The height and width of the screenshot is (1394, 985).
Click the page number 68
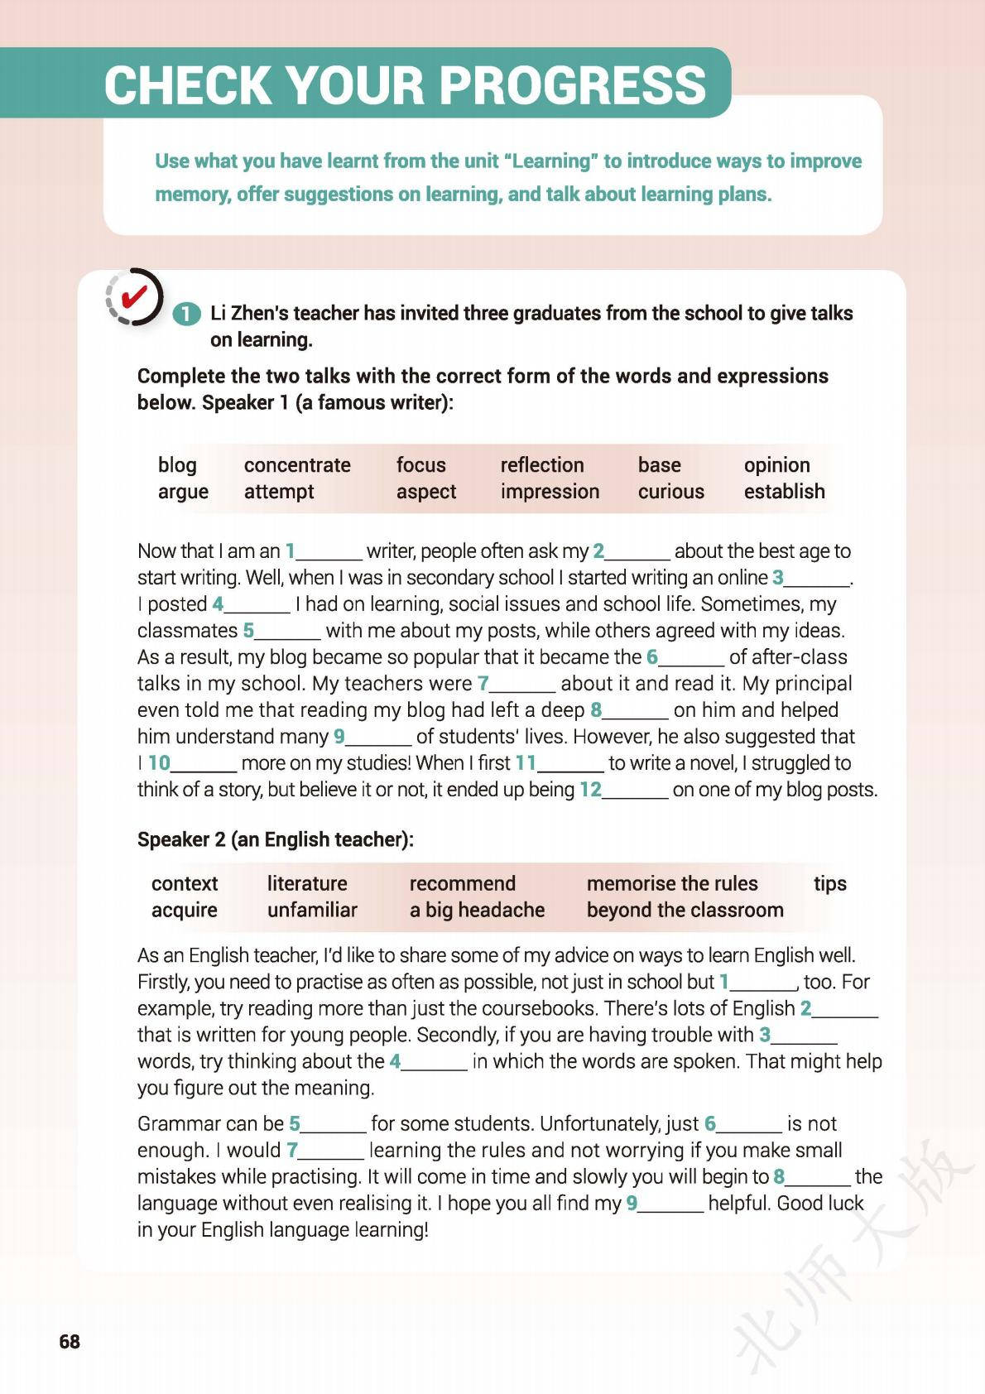click(x=70, y=1341)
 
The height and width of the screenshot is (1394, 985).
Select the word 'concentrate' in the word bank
click(x=297, y=465)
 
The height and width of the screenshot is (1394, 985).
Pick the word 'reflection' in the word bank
click(x=542, y=465)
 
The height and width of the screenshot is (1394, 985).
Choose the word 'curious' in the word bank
click(x=670, y=492)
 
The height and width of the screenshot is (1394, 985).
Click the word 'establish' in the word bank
click(x=784, y=492)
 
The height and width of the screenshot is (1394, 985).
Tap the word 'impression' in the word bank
click(x=550, y=492)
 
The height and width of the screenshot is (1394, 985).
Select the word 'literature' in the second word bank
click(x=307, y=884)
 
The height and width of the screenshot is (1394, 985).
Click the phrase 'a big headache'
click(x=477, y=911)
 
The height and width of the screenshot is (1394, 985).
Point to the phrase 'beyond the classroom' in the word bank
click(x=685, y=911)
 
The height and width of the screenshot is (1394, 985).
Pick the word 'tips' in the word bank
click(x=829, y=884)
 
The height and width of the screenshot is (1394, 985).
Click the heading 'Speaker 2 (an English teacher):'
click(x=276, y=839)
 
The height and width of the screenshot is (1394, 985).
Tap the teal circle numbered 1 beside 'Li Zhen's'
click(x=187, y=315)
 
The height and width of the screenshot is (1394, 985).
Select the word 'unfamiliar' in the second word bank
click(x=312, y=911)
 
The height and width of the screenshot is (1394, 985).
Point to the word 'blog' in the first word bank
click(x=177, y=465)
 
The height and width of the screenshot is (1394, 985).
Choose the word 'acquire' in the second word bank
click(x=184, y=911)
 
